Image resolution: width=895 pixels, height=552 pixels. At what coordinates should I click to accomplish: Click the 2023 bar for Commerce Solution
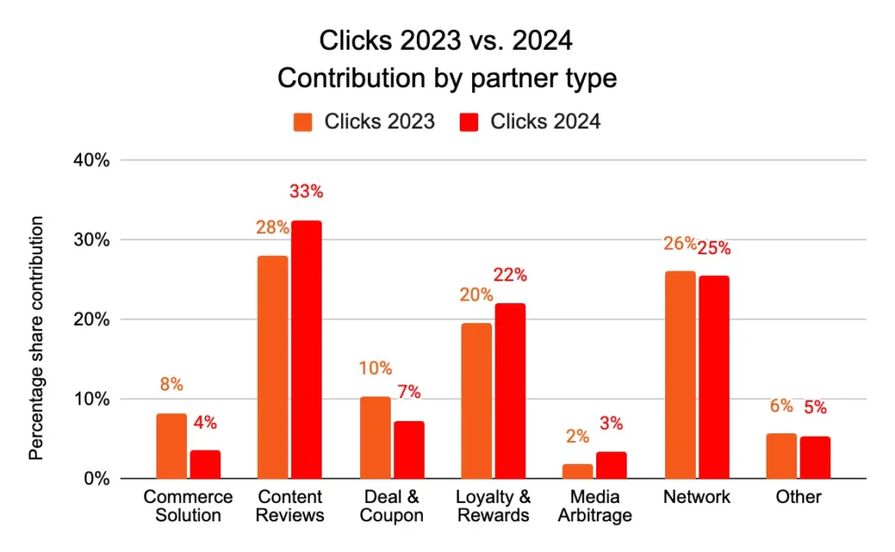(x=171, y=446)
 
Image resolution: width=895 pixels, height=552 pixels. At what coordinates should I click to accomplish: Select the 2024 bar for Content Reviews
(x=306, y=349)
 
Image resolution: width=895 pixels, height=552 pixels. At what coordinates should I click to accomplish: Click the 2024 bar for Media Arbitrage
(x=611, y=465)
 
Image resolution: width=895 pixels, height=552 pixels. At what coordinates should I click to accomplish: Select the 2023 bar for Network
(x=680, y=375)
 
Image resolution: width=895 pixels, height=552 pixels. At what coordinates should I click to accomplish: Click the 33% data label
(x=306, y=191)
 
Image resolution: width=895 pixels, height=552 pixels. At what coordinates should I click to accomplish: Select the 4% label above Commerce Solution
(x=205, y=423)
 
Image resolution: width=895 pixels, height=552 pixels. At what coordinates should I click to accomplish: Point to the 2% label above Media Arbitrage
(x=578, y=436)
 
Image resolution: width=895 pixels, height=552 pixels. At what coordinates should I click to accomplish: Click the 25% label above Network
(x=713, y=248)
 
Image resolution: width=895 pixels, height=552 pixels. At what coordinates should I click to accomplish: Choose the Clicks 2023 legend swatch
(x=302, y=122)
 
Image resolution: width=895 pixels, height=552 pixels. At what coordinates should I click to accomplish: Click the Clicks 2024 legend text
(x=545, y=122)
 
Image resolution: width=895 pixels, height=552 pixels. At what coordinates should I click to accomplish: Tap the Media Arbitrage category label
(x=595, y=507)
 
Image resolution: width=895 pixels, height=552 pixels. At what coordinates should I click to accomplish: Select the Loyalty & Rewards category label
(x=493, y=507)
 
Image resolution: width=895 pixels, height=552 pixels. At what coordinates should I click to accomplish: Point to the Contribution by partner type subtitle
(x=447, y=78)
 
